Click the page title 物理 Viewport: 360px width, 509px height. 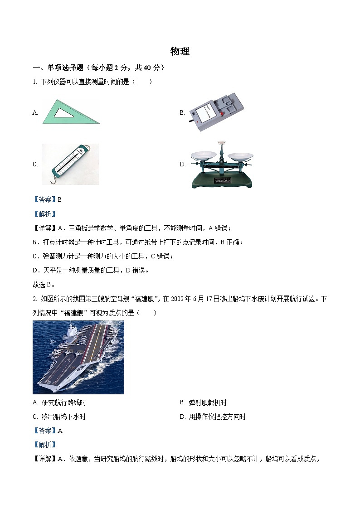pos(180,52)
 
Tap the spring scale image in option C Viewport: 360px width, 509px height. pos(70,164)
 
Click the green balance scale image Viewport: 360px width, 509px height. pos(221,165)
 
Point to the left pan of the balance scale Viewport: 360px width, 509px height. pos(203,155)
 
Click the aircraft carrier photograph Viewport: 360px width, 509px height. pos(78,357)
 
